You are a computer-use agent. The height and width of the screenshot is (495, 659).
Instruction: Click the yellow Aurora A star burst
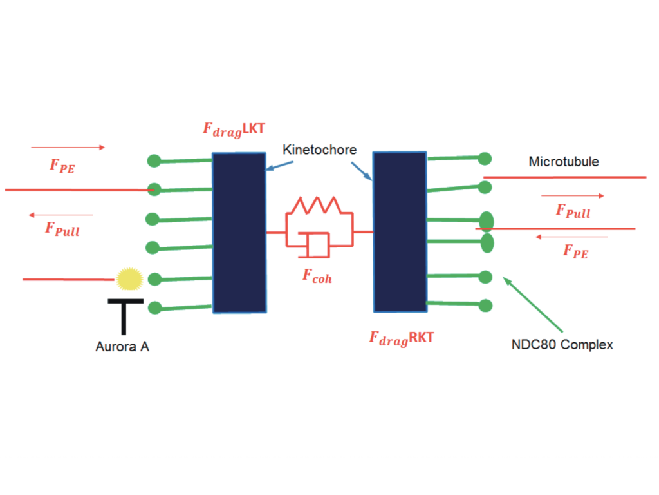click(129, 278)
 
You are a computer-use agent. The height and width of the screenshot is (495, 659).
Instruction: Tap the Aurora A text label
click(122, 347)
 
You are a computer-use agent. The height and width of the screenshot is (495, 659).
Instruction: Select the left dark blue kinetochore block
click(239, 233)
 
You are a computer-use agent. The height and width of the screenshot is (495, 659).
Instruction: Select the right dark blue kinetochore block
click(400, 231)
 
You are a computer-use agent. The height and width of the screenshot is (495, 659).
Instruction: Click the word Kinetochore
click(319, 150)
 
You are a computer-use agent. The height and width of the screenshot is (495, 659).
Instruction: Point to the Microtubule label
click(563, 161)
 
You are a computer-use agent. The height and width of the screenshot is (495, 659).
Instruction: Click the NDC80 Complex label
click(562, 345)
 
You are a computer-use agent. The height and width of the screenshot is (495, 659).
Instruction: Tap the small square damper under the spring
click(317, 245)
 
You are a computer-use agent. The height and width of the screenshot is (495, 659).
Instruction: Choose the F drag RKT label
click(401, 337)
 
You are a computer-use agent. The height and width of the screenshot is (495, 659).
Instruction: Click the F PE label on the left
click(62, 166)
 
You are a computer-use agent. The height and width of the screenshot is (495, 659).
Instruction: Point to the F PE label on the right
click(575, 251)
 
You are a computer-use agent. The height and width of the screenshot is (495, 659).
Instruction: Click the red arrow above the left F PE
click(68, 148)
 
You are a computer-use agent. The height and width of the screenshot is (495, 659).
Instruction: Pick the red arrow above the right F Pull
click(573, 195)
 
